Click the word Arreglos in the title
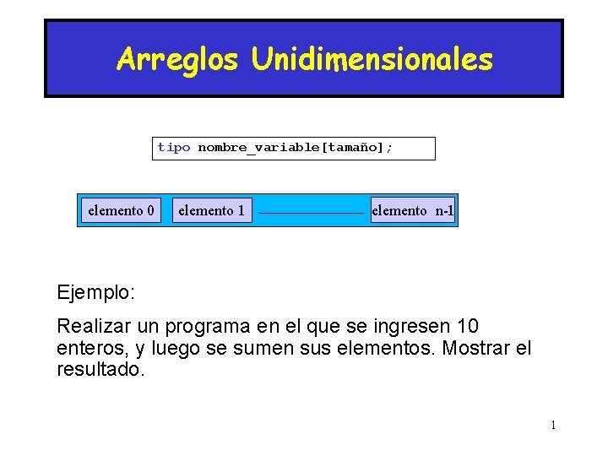point(178,59)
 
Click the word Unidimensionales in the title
point(372,59)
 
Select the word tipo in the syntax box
point(174,148)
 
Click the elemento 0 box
point(121,210)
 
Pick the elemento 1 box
point(211,210)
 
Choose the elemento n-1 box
point(412,210)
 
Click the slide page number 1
point(553,425)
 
